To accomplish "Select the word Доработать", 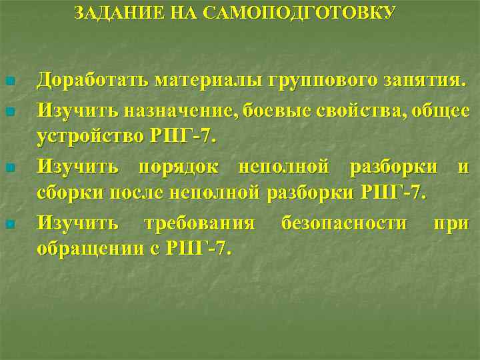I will (x=93, y=81).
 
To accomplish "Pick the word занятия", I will (x=424, y=81).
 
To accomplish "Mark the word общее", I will (x=443, y=111).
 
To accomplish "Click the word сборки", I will (x=68, y=193).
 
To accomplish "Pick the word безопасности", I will (x=344, y=222).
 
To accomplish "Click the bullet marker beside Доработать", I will (x=9, y=82).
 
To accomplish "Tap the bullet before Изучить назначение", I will (x=9, y=110).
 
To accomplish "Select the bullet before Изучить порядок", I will (x=9, y=167).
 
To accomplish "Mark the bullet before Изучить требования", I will (x=9, y=223).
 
